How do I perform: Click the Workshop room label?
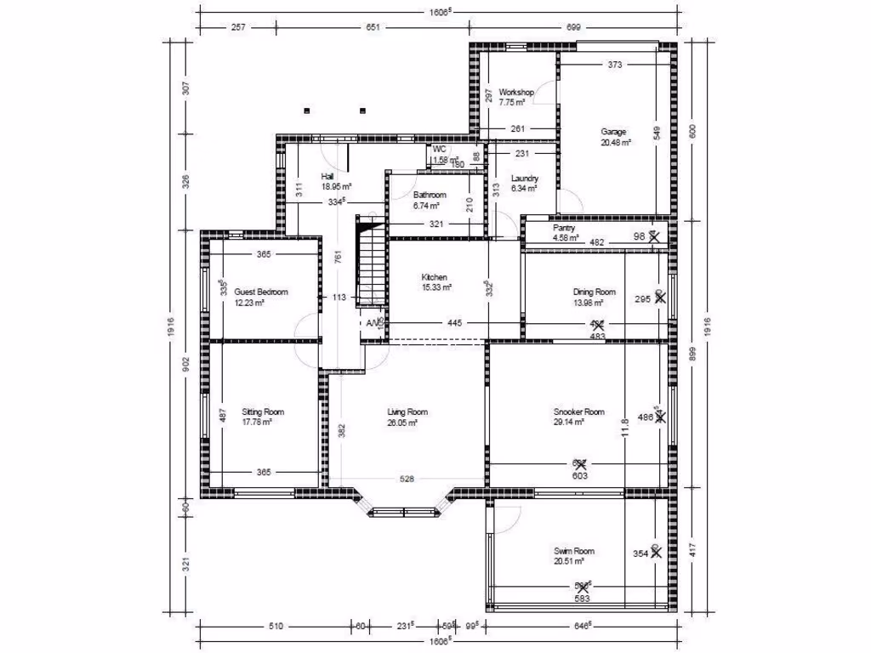pyautogui.click(x=515, y=92)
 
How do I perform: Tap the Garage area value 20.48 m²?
pyautogui.click(x=615, y=143)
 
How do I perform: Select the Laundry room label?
pyautogui.click(x=524, y=179)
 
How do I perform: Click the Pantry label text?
pyautogui.click(x=564, y=228)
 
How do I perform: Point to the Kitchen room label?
pyautogui.click(x=434, y=278)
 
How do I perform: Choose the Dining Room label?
pyautogui.click(x=593, y=292)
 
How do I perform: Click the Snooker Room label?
pyautogui.click(x=578, y=412)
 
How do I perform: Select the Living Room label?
pyautogui.click(x=407, y=412)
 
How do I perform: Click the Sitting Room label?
pyautogui.click(x=262, y=412)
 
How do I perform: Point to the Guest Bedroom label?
pyautogui.click(x=260, y=292)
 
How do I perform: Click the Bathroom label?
pyautogui.click(x=430, y=195)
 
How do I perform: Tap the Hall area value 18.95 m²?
pyautogui.click(x=336, y=185)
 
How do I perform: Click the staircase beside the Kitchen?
pyautogui.click(x=371, y=264)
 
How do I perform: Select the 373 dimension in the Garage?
pyautogui.click(x=616, y=65)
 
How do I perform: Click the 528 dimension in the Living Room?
pyautogui.click(x=407, y=480)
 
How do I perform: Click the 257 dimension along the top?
pyautogui.click(x=238, y=28)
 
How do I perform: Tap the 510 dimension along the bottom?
pyautogui.click(x=275, y=626)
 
